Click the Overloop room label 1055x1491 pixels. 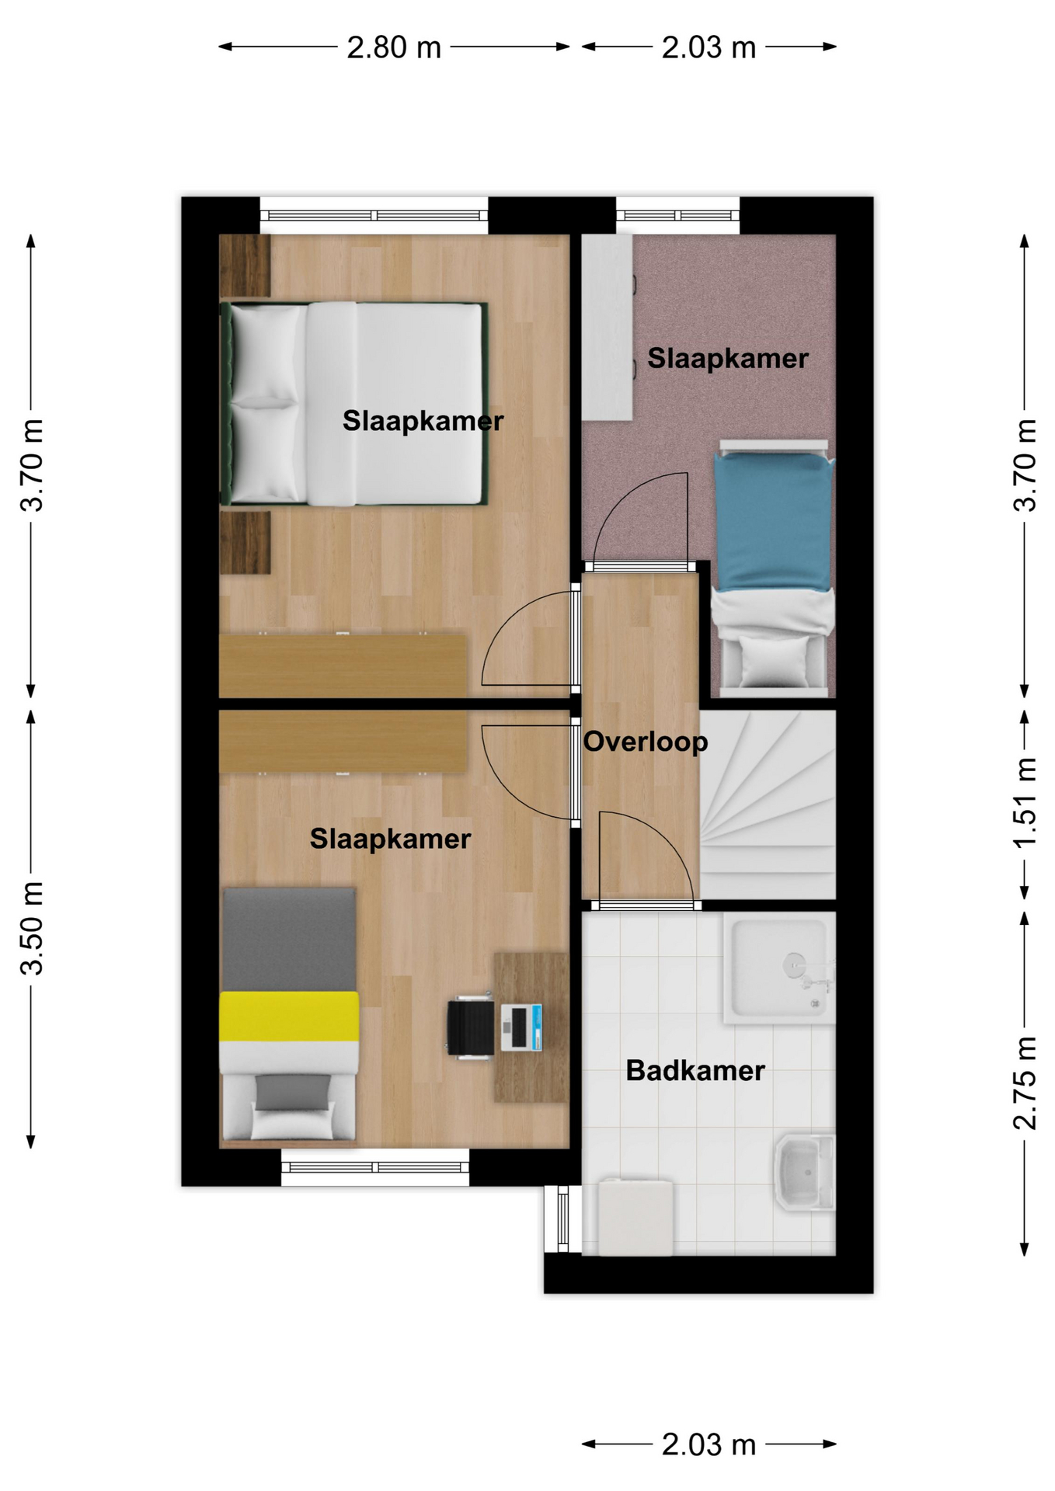[x=646, y=742]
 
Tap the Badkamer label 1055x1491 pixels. [x=695, y=1071]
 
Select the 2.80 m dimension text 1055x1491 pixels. [x=394, y=48]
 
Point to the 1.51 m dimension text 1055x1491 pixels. [x=1025, y=804]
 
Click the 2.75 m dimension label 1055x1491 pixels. [x=1025, y=1083]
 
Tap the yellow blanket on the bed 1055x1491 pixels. [x=289, y=1017]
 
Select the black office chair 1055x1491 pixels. [x=470, y=1028]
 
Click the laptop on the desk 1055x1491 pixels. [x=521, y=1027]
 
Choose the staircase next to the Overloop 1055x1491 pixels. [x=768, y=805]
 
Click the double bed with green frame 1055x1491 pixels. [x=353, y=404]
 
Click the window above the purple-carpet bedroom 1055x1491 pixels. [x=678, y=215]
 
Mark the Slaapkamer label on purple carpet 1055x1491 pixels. [x=728, y=359]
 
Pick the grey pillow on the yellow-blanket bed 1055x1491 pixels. [x=293, y=1091]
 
